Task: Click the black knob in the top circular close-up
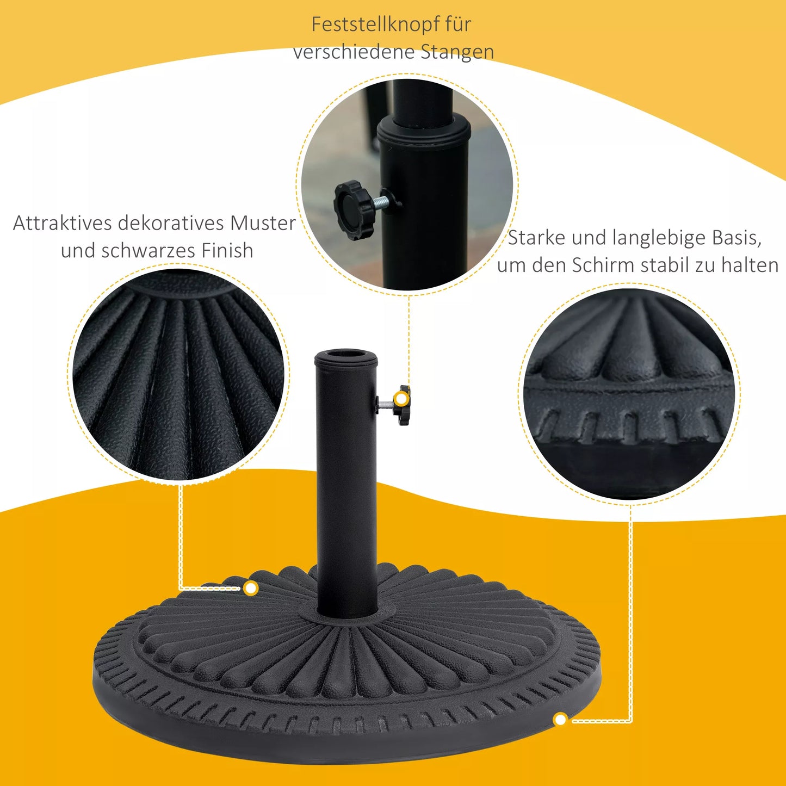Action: click(x=354, y=210)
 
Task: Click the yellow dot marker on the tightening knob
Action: click(x=401, y=399)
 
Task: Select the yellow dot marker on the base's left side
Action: click(x=251, y=588)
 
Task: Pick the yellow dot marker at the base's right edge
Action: click(x=560, y=720)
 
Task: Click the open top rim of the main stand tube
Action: click(x=345, y=357)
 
